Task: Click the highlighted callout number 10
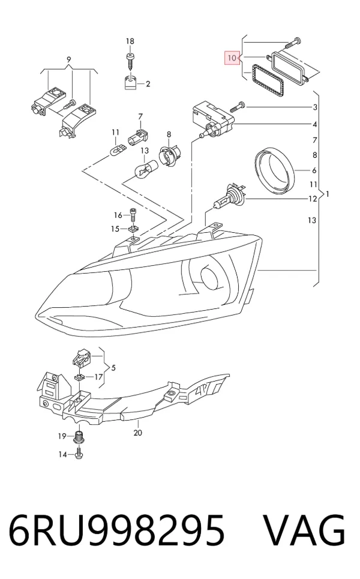[x=232, y=58]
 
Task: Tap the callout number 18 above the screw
[x=130, y=41]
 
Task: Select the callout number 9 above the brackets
[x=68, y=59]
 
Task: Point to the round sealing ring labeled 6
[x=275, y=170]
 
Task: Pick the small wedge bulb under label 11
[x=118, y=150]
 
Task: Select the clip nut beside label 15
[x=133, y=229]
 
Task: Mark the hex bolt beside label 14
[x=79, y=454]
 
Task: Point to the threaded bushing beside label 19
[x=79, y=437]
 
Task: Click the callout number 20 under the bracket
[x=138, y=433]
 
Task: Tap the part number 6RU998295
[x=116, y=530]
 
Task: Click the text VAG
[x=304, y=530]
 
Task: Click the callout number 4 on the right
[x=314, y=124]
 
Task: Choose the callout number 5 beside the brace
[x=113, y=368]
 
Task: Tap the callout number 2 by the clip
[x=148, y=84]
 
